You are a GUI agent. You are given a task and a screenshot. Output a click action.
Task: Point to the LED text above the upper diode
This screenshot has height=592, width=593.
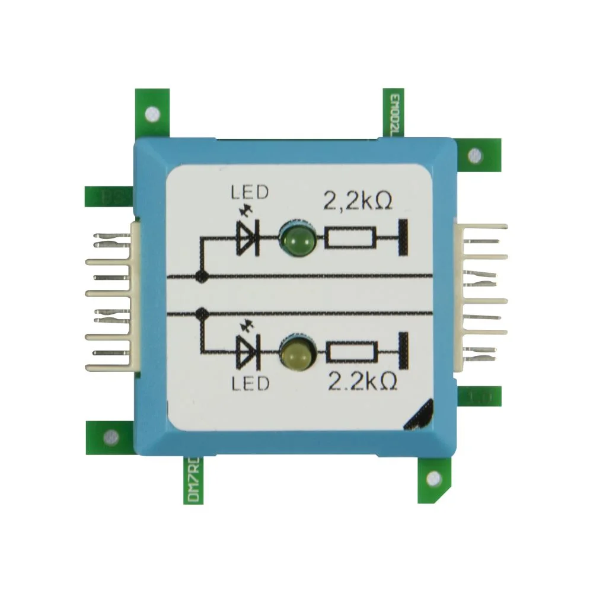click(249, 193)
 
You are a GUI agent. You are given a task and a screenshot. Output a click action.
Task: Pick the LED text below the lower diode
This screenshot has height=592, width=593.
click(250, 383)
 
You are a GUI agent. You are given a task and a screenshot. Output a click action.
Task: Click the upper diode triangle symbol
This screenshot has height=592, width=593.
click(248, 239)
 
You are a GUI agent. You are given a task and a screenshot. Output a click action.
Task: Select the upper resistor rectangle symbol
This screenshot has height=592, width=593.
click(350, 239)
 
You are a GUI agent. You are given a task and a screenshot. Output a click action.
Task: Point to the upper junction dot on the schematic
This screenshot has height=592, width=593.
click(202, 276)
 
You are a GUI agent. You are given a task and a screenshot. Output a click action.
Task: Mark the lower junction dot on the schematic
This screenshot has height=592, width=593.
click(202, 311)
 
